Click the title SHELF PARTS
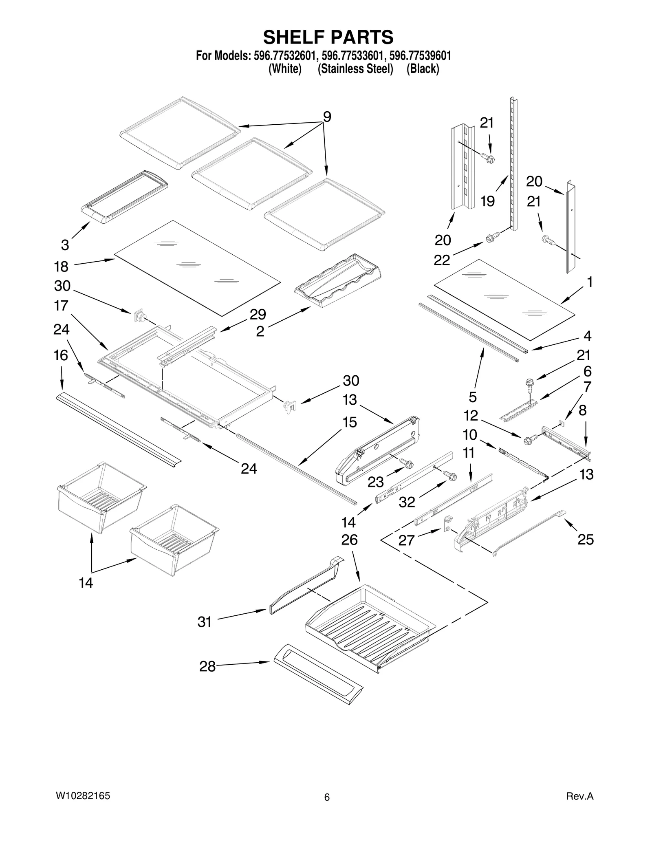(328, 37)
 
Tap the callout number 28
(207, 667)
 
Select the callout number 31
(205, 622)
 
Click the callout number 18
(61, 267)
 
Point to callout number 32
(407, 502)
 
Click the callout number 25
(586, 540)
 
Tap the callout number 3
(65, 245)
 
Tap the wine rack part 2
(337, 281)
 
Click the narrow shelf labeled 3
(124, 196)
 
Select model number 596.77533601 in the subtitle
(352, 55)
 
